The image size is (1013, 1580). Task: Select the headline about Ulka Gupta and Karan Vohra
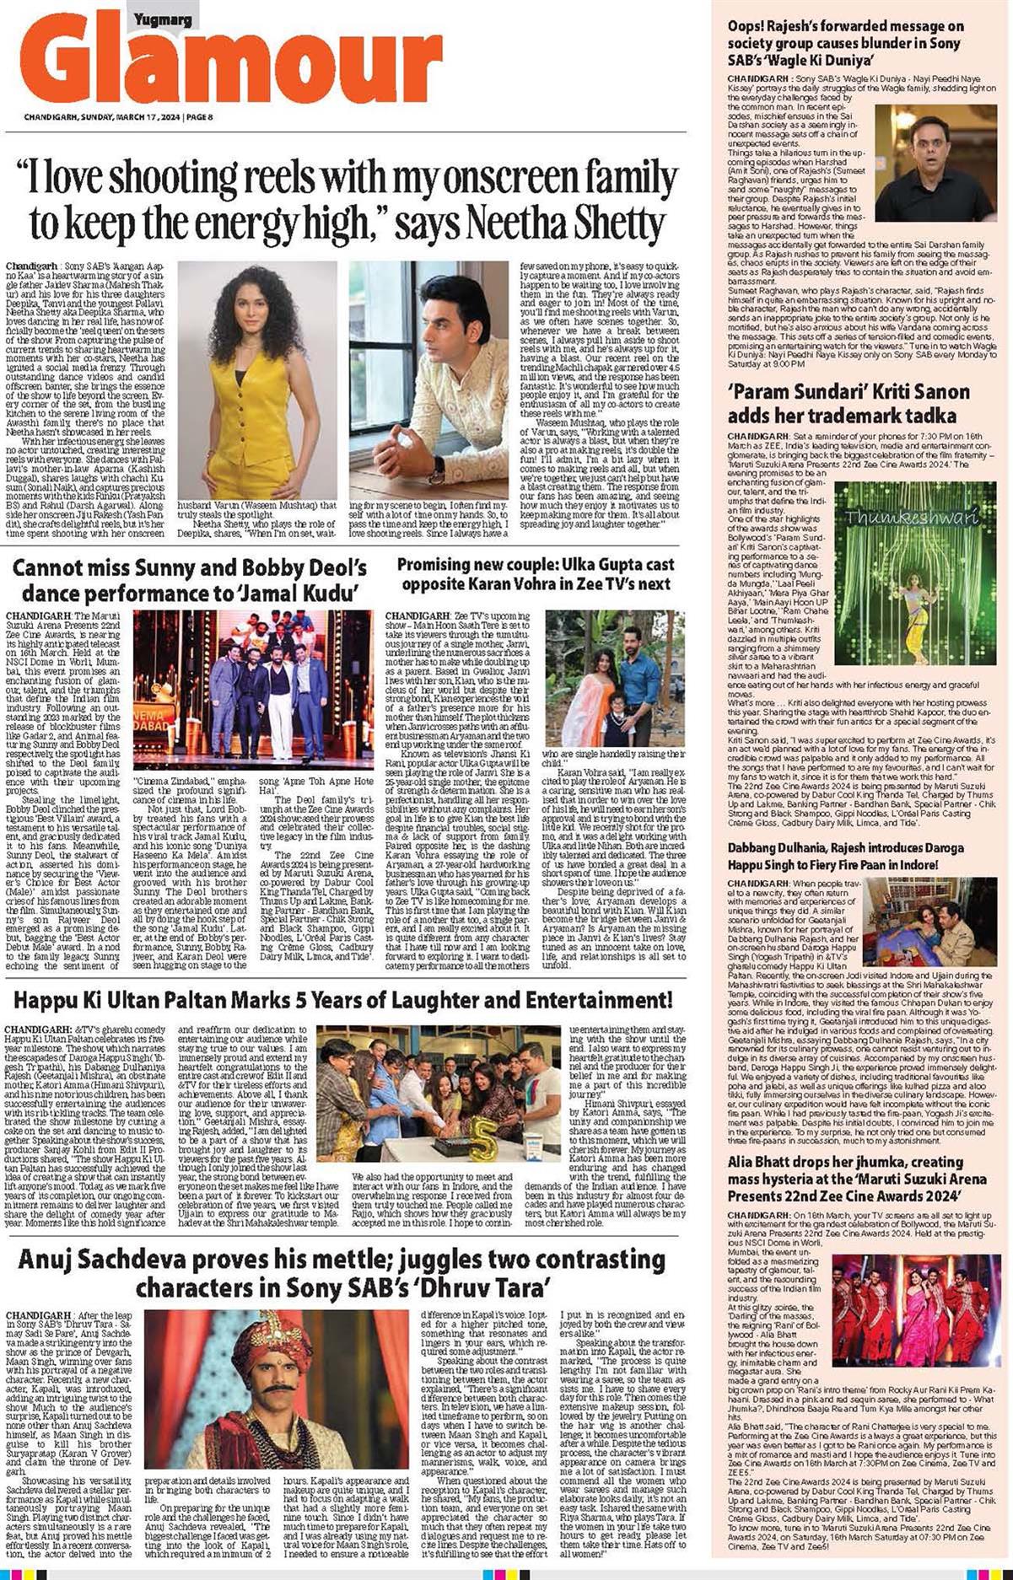[535, 573]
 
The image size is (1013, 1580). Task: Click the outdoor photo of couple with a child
[613, 678]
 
